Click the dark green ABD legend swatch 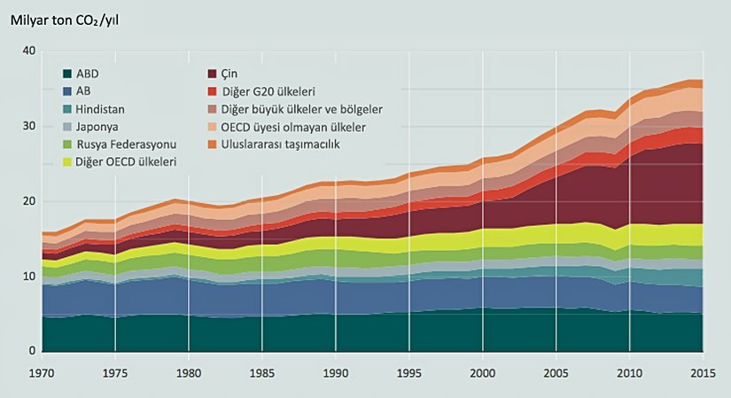point(67,74)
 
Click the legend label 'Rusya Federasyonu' point(127,144)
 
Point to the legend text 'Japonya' point(100,126)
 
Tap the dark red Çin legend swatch point(214,74)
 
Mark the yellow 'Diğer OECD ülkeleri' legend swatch point(67,161)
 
